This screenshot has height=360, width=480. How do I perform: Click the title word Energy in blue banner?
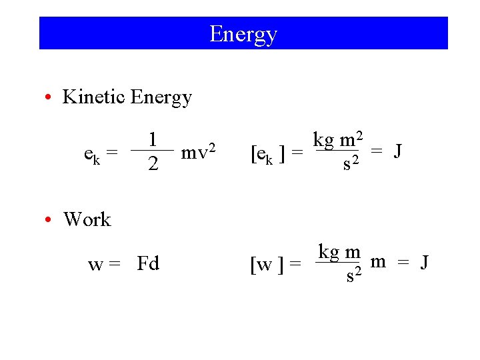243,34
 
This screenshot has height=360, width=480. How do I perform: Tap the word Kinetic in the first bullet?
93,97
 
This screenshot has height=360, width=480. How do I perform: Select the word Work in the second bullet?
87,219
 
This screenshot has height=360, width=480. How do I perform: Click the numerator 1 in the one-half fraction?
153,139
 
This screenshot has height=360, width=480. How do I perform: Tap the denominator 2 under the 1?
153,164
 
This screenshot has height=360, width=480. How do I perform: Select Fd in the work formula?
148,264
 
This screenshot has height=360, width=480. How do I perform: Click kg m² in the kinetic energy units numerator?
338,141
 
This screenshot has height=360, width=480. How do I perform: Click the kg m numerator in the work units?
339,252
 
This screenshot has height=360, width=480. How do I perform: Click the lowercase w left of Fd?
95,265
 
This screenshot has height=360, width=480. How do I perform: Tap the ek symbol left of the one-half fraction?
92,155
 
